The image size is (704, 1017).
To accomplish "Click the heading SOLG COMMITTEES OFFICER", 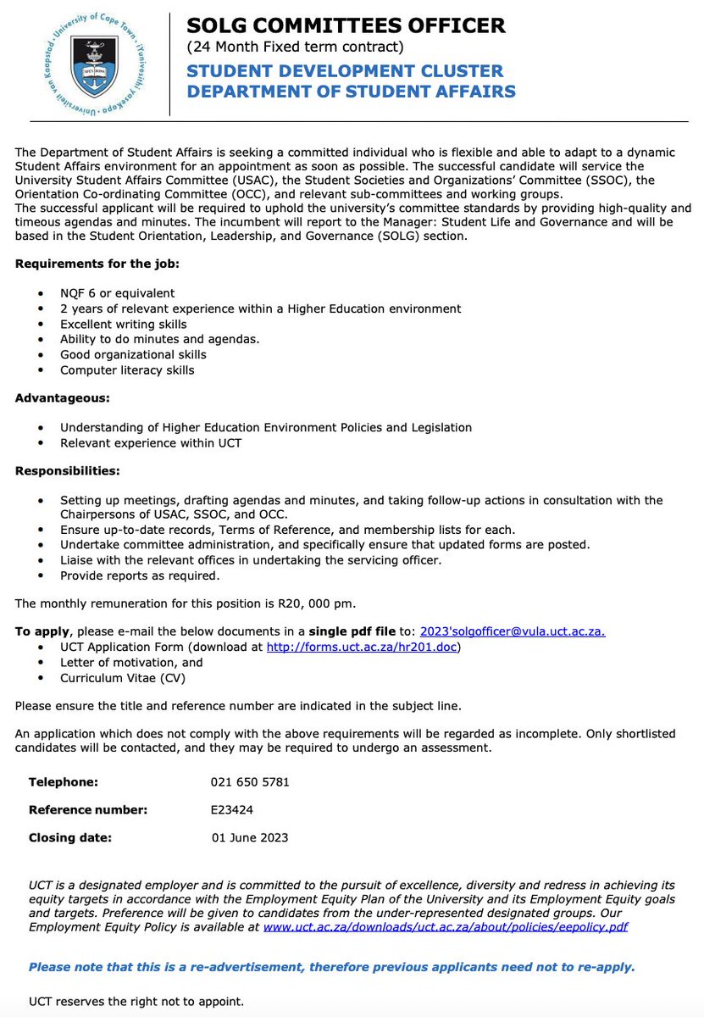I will click(x=346, y=25).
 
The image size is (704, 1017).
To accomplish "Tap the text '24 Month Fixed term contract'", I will click(x=295, y=47).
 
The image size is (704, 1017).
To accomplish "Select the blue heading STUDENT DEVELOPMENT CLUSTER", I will click(x=345, y=70).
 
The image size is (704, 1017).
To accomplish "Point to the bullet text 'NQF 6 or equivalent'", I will click(x=117, y=293).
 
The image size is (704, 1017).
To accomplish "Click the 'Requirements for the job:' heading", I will click(x=97, y=264).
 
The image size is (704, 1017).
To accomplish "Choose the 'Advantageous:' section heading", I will click(x=62, y=397).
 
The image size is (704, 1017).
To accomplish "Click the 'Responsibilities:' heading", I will click(x=67, y=470).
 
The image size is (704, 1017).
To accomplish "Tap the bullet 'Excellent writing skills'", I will click(x=124, y=324).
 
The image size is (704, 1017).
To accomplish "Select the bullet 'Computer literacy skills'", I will click(x=127, y=370).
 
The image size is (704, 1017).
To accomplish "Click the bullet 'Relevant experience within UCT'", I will click(x=151, y=442).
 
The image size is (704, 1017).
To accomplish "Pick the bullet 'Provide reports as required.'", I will click(x=140, y=575).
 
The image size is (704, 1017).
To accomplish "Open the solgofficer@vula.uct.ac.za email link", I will click(x=513, y=631).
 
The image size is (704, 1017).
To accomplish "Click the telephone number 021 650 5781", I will click(x=250, y=781).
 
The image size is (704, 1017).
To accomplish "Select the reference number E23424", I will click(x=232, y=809).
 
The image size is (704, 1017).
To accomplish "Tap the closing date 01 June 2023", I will click(x=250, y=837).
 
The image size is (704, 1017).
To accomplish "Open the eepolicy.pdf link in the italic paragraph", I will click(x=446, y=927).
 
